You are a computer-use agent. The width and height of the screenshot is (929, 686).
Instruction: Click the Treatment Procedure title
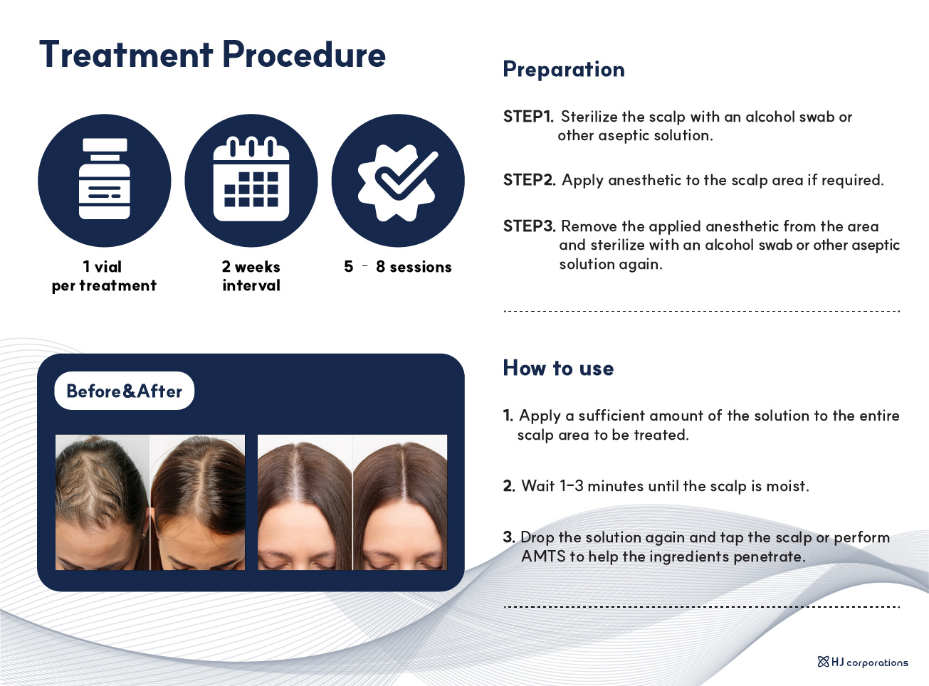(x=212, y=55)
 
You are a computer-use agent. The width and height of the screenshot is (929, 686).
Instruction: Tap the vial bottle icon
(x=105, y=179)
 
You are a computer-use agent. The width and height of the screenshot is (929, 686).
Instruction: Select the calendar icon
(x=251, y=179)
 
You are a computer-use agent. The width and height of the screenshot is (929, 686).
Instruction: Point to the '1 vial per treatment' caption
(x=104, y=276)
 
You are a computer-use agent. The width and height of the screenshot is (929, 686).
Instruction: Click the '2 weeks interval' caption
(x=251, y=276)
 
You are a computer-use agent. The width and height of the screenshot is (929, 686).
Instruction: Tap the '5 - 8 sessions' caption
(x=398, y=267)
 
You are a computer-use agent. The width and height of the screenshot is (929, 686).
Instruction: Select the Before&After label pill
(x=124, y=391)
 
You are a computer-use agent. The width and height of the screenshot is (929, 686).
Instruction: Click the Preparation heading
(x=564, y=69)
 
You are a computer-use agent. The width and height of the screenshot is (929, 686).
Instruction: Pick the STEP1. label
(x=528, y=117)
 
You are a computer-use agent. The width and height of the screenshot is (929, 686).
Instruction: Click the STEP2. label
(x=529, y=180)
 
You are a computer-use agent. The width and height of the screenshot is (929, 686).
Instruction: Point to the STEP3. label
(x=529, y=226)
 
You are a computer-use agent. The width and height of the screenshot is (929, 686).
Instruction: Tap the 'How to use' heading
(x=558, y=368)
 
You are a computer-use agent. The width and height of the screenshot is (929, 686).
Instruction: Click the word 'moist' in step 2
(x=787, y=486)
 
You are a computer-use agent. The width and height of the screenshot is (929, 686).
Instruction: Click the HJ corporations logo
(x=863, y=663)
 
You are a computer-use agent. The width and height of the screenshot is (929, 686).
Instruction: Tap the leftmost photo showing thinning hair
(x=103, y=502)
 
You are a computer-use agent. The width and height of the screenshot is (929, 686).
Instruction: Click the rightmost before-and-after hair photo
(x=400, y=502)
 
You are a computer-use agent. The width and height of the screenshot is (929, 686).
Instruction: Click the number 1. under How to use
(x=508, y=416)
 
